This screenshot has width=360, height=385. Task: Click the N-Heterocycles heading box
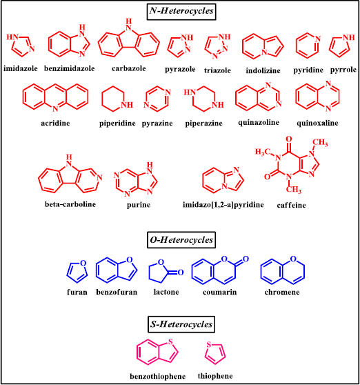pos(181,12)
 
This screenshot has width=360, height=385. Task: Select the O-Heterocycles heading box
pos(181,240)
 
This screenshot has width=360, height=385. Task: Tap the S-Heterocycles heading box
pos(181,324)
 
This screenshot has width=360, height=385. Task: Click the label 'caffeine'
pos(291,205)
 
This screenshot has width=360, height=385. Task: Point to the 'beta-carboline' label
pos(70,204)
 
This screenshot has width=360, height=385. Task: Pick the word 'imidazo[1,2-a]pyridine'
pos(223,204)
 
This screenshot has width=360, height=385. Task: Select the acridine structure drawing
pos(55,98)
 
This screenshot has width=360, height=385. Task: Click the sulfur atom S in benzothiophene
pos(170,342)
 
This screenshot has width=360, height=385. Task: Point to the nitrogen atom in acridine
pos(55,108)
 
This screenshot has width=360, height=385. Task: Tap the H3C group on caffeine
pos(263,152)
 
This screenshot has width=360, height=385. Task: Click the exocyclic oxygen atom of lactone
pos(181,272)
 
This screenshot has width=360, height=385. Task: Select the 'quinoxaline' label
pos(317,123)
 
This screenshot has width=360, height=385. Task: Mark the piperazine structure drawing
pos(204,99)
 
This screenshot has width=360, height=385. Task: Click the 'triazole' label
pos(217,70)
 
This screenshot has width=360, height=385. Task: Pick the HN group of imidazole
pos(12,37)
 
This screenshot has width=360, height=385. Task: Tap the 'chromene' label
pos(282,292)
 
